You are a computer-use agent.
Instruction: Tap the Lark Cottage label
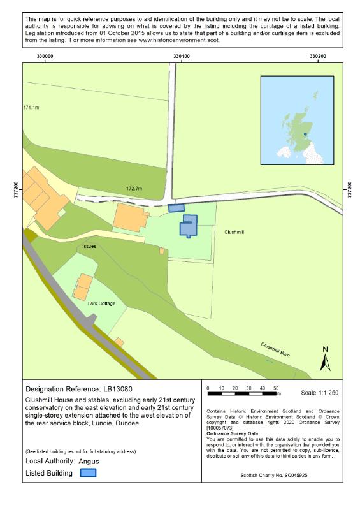pyautogui.click(x=101, y=303)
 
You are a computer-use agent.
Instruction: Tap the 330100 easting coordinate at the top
pyautogui.click(x=181, y=57)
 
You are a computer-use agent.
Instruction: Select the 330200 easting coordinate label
pyautogui.click(x=317, y=57)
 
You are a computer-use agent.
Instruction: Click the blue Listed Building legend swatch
pyautogui.click(x=87, y=473)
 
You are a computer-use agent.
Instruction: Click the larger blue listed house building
pyautogui.click(x=188, y=226)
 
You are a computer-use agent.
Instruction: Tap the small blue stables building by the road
pyautogui.click(x=175, y=207)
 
